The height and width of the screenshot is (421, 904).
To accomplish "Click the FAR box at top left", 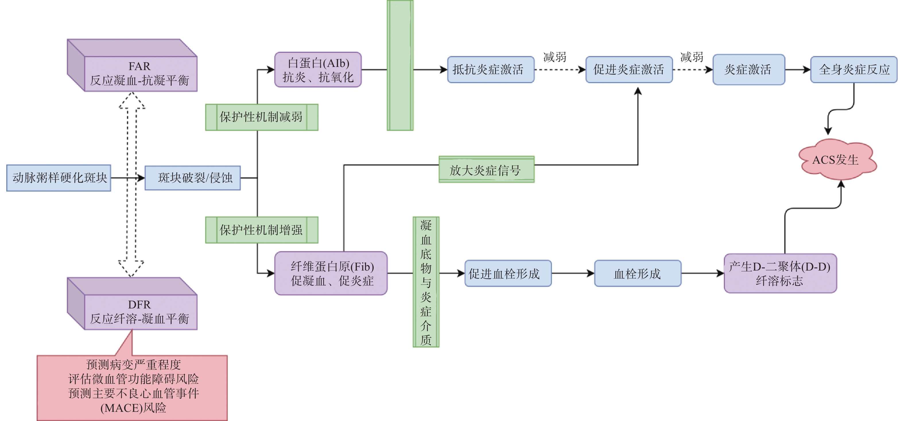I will tap(140, 73).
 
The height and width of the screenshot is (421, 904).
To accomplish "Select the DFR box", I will tap(140, 312).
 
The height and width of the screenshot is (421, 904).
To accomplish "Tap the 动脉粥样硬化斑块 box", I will tap(59, 178).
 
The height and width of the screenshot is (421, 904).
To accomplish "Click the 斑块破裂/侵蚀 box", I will tap(193, 178).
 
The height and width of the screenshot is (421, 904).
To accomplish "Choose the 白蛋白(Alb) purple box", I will tap(318, 69).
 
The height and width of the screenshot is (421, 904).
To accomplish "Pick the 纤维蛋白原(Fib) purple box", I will tap(331, 273).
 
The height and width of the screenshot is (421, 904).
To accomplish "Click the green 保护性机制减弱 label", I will tap(261, 117).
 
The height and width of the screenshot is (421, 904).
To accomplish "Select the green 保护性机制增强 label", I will tap(261, 230).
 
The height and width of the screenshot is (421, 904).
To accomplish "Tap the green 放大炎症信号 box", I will tap(486, 170).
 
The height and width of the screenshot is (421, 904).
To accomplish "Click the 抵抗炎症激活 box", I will tap(491, 69).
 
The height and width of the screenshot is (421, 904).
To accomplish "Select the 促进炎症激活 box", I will tap(629, 69).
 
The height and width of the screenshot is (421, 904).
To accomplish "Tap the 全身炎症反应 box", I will tap(853, 69).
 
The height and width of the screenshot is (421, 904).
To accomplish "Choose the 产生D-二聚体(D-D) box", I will tap(780, 273).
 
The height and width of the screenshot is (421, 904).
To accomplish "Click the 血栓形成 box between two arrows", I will tap(637, 273).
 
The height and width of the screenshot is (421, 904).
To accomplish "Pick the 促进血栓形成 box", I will tap(508, 273).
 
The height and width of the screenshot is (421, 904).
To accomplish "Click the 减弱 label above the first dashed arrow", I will tap(554, 57).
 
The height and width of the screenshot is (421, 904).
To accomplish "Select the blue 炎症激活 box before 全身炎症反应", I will tap(748, 69).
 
